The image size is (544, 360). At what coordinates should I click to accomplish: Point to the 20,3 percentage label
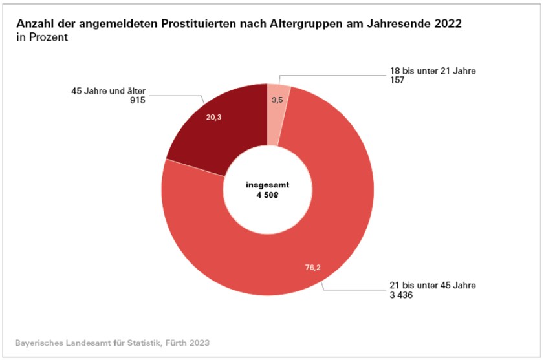click(213, 117)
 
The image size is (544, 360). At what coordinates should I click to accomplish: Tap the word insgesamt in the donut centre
click(267, 184)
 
